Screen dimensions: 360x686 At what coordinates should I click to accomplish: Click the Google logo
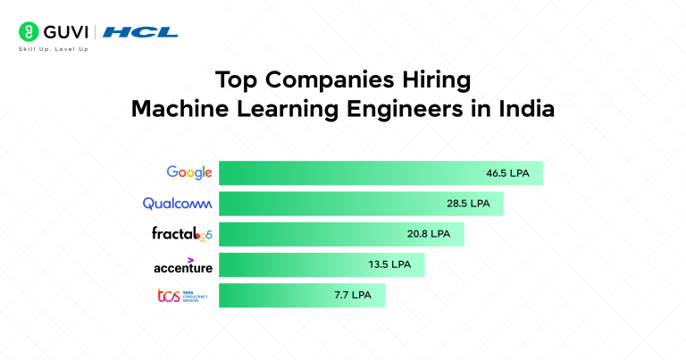click(189, 172)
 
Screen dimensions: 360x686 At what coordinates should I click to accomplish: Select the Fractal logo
click(182, 235)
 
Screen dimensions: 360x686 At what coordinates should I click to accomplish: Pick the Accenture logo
click(184, 265)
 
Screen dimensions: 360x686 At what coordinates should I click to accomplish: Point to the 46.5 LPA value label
click(507, 173)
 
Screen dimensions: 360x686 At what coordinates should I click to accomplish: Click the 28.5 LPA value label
click(468, 204)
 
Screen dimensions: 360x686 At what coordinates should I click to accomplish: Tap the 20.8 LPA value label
click(429, 235)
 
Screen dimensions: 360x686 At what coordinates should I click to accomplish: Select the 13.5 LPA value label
click(389, 265)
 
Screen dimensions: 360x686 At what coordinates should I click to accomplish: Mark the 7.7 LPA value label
click(352, 296)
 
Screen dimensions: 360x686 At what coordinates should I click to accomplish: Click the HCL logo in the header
click(140, 32)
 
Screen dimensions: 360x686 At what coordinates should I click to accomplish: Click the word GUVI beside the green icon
click(61, 32)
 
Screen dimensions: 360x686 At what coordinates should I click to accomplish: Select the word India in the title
click(526, 111)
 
